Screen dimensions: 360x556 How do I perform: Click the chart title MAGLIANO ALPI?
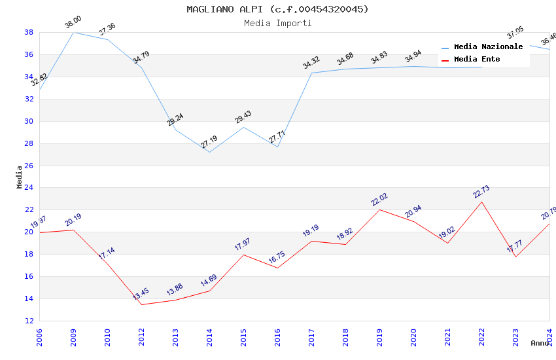coord(277,9)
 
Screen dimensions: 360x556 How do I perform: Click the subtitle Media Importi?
coord(277,23)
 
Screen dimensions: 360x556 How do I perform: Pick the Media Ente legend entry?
coord(477,59)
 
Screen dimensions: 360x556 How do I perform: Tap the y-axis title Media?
coord(20,177)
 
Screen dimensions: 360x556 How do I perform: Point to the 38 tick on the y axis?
coord(29,32)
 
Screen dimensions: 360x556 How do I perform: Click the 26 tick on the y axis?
coord(29,166)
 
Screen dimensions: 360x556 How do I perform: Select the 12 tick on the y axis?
coord(29,321)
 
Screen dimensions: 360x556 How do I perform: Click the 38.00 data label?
coord(73,24)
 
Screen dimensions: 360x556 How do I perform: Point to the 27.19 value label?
coord(209,142)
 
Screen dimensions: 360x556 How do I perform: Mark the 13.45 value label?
coord(141,295)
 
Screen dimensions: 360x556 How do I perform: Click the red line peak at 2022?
coord(481,201)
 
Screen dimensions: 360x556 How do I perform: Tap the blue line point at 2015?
coord(243,127)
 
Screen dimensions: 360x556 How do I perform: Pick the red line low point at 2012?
coord(141,304)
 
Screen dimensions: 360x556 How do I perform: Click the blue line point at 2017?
coord(311,73)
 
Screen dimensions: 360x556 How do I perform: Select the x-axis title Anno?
coord(540,343)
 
